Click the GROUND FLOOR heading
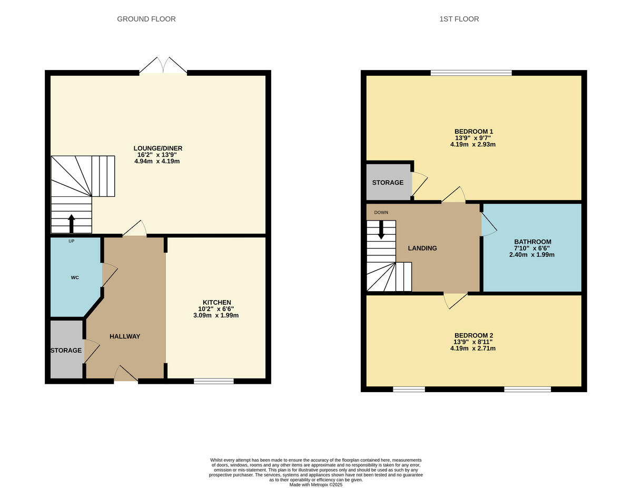pos(146,19)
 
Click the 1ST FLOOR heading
pos(459,19)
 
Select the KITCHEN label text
pos(215,302)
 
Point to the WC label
pos(75,277)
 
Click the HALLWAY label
pos(125,336)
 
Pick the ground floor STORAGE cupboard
pos(66,350)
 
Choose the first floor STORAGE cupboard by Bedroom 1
pos(388,183)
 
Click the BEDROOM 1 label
pos(473,131)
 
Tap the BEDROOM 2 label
pos(473,335)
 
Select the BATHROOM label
pos(532,242)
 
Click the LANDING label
pos(422,248)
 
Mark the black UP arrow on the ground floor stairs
pos(72,223)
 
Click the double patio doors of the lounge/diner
pos(163,66)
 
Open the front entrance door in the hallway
pos(125,374)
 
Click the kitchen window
pos(213,381)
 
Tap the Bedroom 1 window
pos(471,73)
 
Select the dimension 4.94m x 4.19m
pos(156,161)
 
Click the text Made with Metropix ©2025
pos(315,485)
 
